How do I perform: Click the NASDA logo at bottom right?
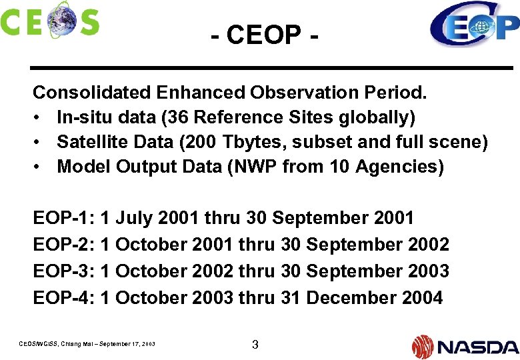[x=465, y=346]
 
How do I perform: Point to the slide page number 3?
[x=255, y=345]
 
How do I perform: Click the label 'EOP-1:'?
[x=63, y=218]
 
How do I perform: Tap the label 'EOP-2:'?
[x=63, y=245]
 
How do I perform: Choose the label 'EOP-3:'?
[x=63, y=271]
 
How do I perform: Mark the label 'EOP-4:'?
[x=63, y=298]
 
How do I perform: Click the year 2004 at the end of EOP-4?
[x=423, y=298]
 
